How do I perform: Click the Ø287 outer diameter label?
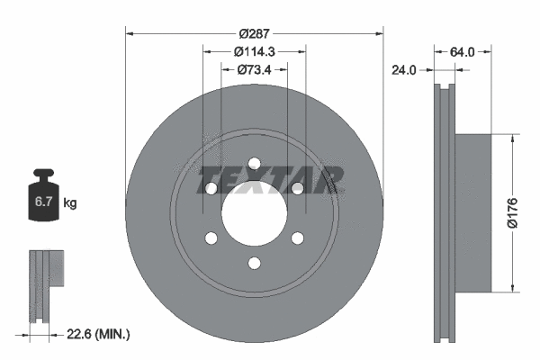(254, 23)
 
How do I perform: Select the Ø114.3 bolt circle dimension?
(254, 51)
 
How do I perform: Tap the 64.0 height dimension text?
(462, 52)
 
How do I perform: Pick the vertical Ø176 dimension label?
(511, 213)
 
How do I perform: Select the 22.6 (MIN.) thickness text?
(99, 334)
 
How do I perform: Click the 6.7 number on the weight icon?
(43, 203)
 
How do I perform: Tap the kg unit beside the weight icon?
(70, 203)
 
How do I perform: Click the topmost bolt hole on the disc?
(254, 163)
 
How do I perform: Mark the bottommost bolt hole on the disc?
(254, 262)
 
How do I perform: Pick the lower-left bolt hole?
(211, 238)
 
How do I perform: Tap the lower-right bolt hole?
(297, 238)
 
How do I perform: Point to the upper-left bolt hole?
(211, 188)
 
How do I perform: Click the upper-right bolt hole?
(297, 188)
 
